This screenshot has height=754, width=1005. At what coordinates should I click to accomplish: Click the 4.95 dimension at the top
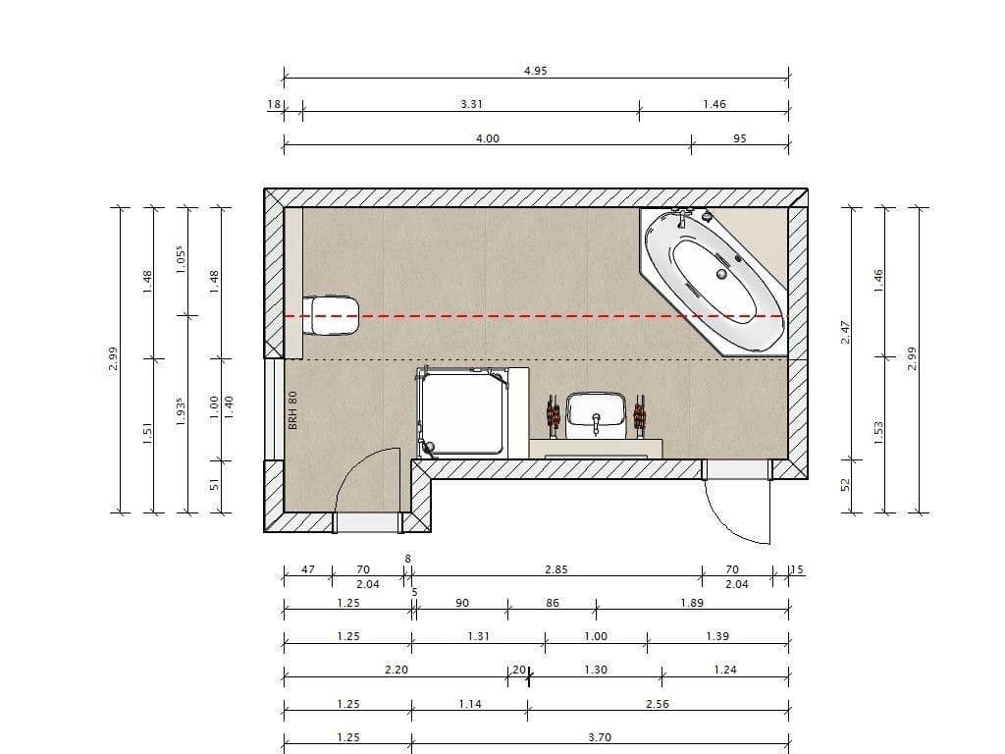(535, 71)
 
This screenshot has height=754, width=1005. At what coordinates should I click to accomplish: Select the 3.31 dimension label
(471, 104)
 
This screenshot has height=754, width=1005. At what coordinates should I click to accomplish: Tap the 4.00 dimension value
(488, 138)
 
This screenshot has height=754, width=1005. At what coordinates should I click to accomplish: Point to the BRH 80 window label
(292, 409)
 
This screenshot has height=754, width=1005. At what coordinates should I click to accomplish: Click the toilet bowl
(333, 315)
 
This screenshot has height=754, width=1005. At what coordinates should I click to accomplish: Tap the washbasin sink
(596, 412)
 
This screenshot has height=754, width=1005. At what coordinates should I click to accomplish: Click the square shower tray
(461, 412)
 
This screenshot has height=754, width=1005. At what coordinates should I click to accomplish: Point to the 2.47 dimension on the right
(846, 332)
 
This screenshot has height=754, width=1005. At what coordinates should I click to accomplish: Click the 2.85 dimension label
(556, 569)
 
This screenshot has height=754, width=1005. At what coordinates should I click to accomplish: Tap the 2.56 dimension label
(658, 704)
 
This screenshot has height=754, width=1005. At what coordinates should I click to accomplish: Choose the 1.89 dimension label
(692, 603)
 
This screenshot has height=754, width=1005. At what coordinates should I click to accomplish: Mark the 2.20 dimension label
(397, 670)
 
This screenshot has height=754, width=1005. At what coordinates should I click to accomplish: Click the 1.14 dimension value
(470, 704)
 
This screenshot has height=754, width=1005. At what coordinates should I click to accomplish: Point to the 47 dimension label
(307, 569)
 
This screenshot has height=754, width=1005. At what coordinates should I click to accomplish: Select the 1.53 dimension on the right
(879, 429)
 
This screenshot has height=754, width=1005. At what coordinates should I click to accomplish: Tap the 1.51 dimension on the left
(148, 432)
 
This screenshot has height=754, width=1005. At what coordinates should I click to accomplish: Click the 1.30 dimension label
(596, 670)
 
